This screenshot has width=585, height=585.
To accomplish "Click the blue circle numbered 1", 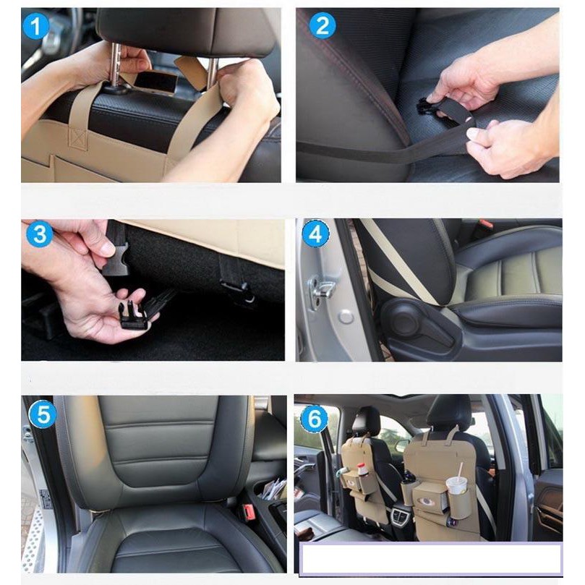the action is (35, 26).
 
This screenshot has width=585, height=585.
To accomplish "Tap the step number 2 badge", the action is (323, 26).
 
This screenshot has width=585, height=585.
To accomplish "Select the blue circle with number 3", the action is (39, 234).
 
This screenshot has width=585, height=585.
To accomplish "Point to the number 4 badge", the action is (315, 234).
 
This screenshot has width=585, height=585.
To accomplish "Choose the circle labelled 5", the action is (42, 415).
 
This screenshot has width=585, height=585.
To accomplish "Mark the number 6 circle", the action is (314, 418).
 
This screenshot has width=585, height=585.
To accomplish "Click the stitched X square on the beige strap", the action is (79, 139).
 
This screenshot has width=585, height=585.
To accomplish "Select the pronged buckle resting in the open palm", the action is (132, 315).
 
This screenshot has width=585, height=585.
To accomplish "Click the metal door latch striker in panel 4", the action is (323, 290).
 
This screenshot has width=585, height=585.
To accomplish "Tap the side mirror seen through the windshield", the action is (402, 445).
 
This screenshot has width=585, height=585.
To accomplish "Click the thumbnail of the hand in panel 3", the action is (108, 247).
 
